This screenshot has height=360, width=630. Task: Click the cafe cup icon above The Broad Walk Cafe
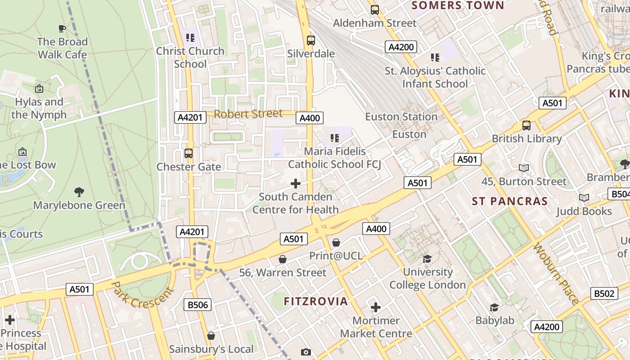pyautogui.click(x=62, y=28)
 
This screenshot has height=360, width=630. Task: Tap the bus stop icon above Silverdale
pyautogui.click(x=310, y=40)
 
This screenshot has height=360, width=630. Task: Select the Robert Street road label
pyautogui.click(x=248, y=114)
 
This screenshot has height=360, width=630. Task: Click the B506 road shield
pyautogui.click(x=198, y=305)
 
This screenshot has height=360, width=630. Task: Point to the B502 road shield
pyautogui.click(x=603, y=293)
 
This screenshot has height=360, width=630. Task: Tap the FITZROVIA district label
pyautogui.click(x=316, y=301)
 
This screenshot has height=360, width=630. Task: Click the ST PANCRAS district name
pyautogui.click(x=509, y=201)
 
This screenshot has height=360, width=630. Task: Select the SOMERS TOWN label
pyautogui.click(x=458, y=5)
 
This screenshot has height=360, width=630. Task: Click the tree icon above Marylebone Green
pyautogui.click(x=79, y=192)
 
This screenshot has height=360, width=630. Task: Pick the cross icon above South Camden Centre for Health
pyautogui.click(x=296, y=183)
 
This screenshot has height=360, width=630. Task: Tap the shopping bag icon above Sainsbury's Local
pyautogui.click(x=211, y=336)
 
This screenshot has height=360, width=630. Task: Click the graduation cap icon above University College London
pyautogui.click(x=427, y=259)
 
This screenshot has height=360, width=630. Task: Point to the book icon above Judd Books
pyautogui.click(x=584, y=198)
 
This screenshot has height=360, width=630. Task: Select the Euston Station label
pyautogui.click(x=401, y=117)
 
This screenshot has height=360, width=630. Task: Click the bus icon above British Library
pyautogui.click(x=526, y=126)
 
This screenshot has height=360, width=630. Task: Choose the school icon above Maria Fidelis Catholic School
pyautogui.click(x=334, y=138)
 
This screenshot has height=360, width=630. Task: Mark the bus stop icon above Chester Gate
pyautogui.click(x=189, y=153)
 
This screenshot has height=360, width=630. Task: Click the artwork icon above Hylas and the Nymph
pyautogui.click(x=39, y=89)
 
